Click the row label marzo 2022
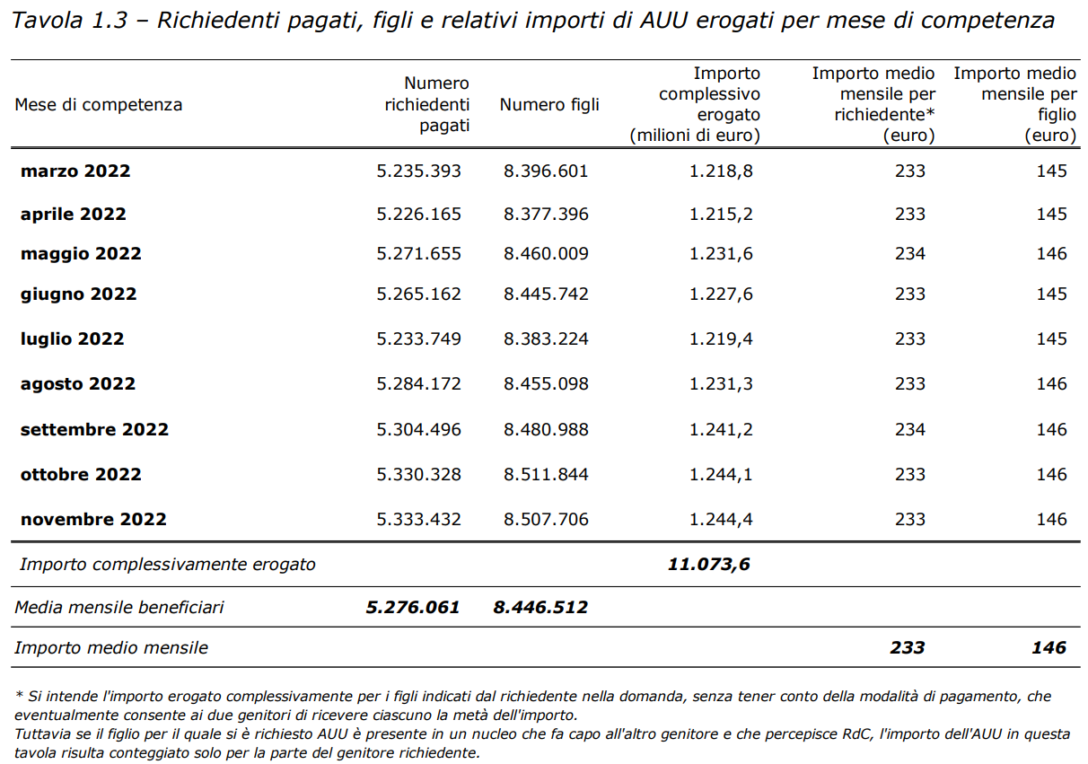[x=75, y=171]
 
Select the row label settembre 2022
[x=94, y=429]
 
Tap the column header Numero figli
[x=549, y=105]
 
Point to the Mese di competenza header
[x=98, y=105]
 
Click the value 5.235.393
[x=418, y=171]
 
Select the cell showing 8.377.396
[x=546, y=215]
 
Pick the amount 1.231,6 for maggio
[x=721, y=253]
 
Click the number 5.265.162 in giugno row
[x=418, y=294]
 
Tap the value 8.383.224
[x=546, y=338]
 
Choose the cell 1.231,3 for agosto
[x=721, y=383]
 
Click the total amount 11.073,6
[x=709, y=565]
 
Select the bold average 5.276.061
[x=412, y=607]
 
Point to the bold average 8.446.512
[x=540, y=607]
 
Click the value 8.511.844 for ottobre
[x=546, y=474]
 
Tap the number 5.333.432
[x=418, y=519]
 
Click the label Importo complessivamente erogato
[x=168, y=565]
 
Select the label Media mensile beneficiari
[x=119, y=607]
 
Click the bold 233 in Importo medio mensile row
[x=908, y=647]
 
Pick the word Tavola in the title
[x=47, y=21]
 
